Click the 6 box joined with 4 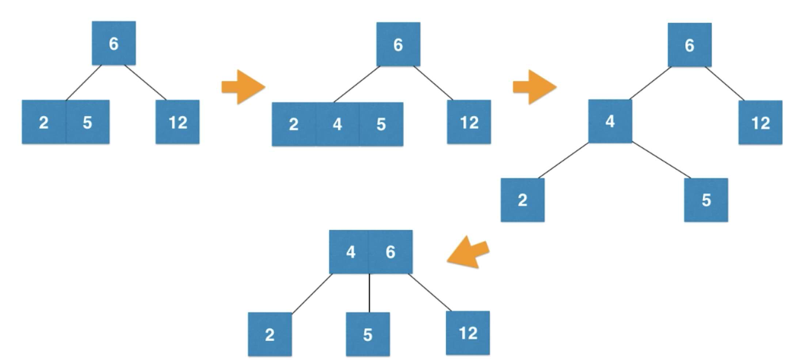point(390,252)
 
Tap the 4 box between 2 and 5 point(338,124)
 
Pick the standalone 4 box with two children point(610,121)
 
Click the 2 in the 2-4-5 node point(294,124)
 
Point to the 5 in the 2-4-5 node point(381,124)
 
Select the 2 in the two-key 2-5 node point(44,122)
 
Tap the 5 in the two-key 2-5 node point(88,122)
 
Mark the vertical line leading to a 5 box point(369,293)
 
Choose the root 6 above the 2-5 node point(114,43)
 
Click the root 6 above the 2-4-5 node point(399,44)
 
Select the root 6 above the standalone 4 point(690,45)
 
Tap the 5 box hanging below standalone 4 point(706,200)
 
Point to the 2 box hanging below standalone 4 point(523,200)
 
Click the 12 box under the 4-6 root point(468,333)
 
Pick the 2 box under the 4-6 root point(270,334)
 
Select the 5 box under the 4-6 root point(368,334)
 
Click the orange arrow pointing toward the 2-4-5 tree point(243,87)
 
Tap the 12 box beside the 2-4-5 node point(469,122)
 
